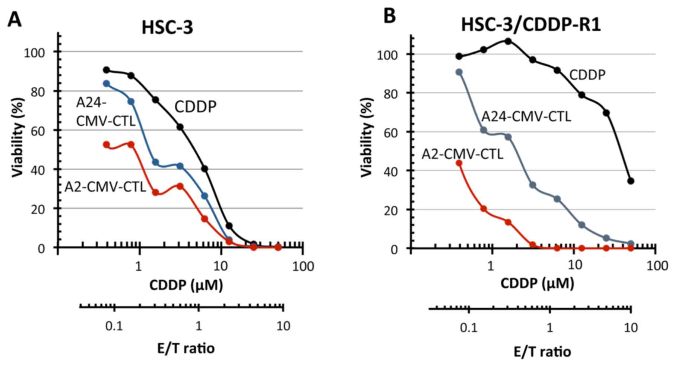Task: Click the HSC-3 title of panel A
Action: click(167, 27)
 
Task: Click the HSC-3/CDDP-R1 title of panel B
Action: click(531, 25)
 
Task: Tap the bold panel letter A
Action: click(15, 19)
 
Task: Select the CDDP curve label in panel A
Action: click(196, 107)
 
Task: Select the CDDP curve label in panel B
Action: click(587, 75)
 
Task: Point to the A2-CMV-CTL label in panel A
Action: click(105, 187)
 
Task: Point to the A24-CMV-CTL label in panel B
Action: click(526, 116)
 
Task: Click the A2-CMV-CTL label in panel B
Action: click(462, 154)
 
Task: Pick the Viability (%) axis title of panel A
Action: click(18, 137)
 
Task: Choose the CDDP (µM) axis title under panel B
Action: click(537, 284)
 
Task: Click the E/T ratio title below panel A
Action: click(186, 348)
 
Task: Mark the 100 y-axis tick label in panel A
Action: click(34, 52)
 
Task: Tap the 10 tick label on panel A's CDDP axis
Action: click(221, 266)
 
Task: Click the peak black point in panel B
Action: click(508, 41)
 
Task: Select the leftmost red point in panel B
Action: click(459, 163)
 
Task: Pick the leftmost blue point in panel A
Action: click(107, 84)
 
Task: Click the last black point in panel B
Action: click(631, 181)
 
